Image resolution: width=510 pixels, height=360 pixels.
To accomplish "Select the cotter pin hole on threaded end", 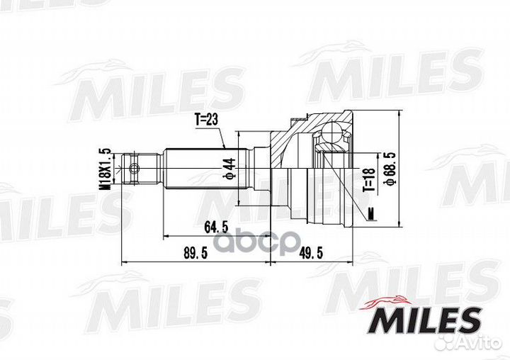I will point(135,169).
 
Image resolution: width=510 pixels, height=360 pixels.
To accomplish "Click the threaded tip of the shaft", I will point(128,169).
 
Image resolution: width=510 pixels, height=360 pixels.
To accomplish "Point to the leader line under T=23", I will point(216,137).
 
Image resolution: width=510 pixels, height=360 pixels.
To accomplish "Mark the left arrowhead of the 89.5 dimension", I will point(125,262).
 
